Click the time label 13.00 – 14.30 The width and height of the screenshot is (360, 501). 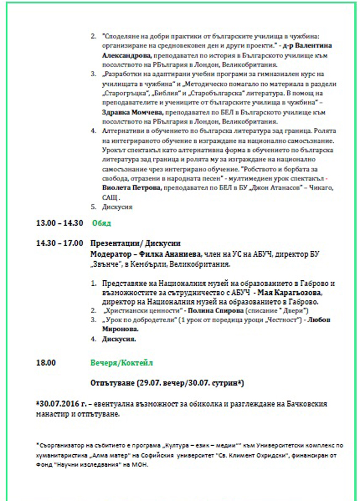click(60, 223)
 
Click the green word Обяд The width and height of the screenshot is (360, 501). click(102, 223)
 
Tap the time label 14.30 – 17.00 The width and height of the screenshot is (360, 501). click(60, 243)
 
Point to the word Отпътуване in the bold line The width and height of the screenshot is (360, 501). click(112, 383)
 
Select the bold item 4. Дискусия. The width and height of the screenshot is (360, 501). click(118, 339)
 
